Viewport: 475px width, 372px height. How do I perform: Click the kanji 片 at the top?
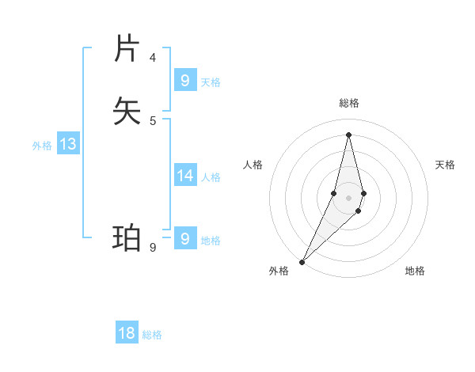coord(127,48)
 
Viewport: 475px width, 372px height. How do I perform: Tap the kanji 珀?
coord(127,238)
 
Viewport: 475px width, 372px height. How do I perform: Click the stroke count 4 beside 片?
coord(153,57)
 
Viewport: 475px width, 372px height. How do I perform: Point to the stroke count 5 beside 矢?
coord(153,120)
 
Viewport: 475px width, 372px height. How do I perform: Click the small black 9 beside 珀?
coord(153,247)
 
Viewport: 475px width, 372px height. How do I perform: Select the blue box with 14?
coord(185,175)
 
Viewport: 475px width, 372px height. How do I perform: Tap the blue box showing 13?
coord(68,144)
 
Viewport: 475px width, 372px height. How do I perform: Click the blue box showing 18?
coord(127,333)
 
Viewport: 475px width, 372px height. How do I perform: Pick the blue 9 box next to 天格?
coord(185,80)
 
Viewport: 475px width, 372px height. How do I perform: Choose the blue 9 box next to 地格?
coord(185,238)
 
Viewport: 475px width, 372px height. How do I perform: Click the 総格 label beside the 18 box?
coord(152,335)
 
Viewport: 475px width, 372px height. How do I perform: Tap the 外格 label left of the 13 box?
coord(42,146)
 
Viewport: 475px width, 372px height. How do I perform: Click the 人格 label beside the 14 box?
coord(211,177)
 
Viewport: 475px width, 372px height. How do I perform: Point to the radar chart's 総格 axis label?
coord(348,103)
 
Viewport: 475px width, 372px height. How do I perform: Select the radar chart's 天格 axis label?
coord(445,165)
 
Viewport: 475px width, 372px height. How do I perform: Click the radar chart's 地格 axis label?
coord(415,271)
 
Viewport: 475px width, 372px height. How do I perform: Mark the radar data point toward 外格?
coord(302,261)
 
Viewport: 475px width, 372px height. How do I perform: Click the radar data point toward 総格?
coord(348,134)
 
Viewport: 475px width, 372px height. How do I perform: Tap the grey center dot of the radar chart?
coord(348,198)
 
